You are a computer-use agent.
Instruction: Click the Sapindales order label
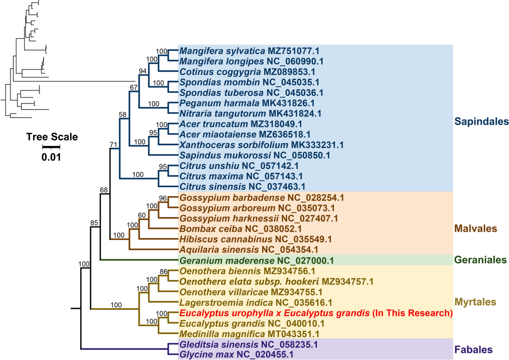[x=481, y=122]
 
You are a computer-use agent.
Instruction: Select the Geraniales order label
[x=480, y=259]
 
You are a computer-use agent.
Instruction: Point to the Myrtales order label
[x=475, y=302]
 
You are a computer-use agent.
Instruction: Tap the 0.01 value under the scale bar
[x=51, y=157]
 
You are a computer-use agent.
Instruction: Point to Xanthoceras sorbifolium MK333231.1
[x=262, y=144]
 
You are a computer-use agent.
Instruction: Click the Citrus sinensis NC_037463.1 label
[x=243, y=186]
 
